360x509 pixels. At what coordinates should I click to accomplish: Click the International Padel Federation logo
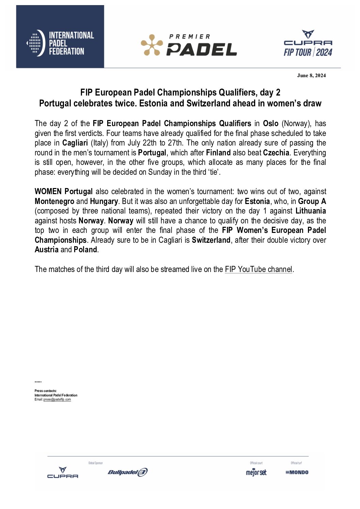(60, 43)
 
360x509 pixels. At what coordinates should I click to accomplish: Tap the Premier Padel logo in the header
(189, 45)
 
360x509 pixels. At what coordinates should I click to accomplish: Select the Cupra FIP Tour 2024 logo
(308, 44)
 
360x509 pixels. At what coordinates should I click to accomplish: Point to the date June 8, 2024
(311, 75)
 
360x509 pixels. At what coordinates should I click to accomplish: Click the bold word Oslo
(271, 123)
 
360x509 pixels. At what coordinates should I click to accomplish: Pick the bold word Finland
(218, 153)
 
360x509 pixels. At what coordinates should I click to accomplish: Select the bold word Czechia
(276, 153)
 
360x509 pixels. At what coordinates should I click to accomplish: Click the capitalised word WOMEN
(48, 191)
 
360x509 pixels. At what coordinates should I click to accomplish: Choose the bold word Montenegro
(54, 201)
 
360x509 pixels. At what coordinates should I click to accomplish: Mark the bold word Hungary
(104, 201)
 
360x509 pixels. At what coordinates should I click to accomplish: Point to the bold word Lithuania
(311, 211)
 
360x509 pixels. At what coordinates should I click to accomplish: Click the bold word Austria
(47, 250)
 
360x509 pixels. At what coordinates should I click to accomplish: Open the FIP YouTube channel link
(259, 269)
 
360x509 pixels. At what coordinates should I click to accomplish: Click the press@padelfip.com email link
(57, 400)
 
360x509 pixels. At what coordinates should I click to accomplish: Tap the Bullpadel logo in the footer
(128, 472)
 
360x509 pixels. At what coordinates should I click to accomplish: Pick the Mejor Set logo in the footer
(256, 472)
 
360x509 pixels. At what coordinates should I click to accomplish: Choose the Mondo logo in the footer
(297, 472)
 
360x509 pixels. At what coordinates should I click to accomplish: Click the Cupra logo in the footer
(63, 473)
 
